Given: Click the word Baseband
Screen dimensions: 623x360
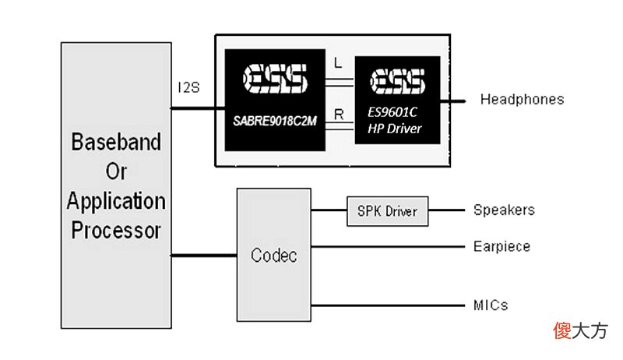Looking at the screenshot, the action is point(116,142).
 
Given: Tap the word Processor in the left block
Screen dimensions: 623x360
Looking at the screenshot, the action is point(116,230).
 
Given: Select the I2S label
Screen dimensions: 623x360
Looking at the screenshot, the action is point(188,87).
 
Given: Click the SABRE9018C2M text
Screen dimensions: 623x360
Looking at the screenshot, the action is point(275,121).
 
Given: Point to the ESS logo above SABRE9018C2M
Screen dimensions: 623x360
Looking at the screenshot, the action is point(276,78).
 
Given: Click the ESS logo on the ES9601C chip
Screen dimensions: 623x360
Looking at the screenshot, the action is point(397,81).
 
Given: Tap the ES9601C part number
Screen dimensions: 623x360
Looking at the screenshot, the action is point(392,112).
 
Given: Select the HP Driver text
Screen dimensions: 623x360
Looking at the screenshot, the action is point(395,129).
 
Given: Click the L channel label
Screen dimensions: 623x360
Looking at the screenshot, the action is point(338,62).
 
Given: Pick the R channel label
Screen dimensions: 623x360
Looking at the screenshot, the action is point(339,115).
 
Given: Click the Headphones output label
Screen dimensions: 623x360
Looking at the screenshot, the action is point(522,99).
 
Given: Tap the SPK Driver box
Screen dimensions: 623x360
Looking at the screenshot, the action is point(387,211).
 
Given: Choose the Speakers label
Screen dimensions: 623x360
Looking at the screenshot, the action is point(504,210).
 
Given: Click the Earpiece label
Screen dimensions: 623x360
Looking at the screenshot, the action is point(502,246).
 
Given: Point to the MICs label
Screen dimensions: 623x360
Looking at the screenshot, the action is point(491,305).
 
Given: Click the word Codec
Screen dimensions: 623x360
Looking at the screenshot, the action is point(274,255).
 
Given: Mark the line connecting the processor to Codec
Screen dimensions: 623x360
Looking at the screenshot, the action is point(204,255).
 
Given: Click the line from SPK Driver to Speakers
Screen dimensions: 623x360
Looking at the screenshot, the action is point(446,210).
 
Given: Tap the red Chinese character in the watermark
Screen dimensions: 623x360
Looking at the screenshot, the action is point(562,330).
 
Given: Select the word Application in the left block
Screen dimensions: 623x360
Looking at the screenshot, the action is point(116,201).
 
